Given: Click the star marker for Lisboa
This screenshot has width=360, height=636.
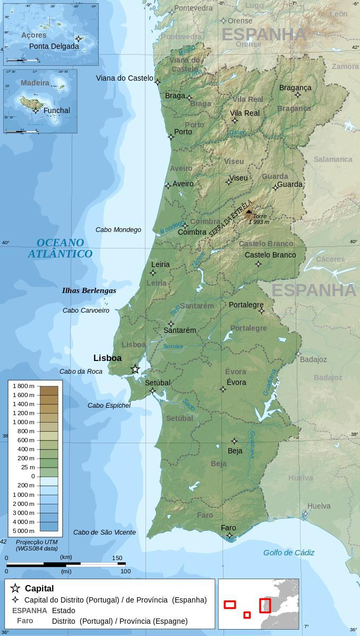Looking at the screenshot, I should [x=135, y=369].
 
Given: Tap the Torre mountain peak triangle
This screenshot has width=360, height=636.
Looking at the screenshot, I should [x=249, y=212].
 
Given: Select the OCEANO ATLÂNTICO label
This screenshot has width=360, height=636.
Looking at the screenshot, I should [x=60, y=248].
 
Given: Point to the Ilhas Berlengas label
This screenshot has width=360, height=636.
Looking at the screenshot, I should [x=89, y=290].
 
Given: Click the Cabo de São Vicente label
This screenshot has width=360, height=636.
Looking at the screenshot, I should [x=105, y=532].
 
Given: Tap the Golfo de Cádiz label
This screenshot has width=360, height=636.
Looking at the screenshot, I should [x=289, y=553].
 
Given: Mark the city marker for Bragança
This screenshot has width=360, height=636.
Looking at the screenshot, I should [x=298, y=95].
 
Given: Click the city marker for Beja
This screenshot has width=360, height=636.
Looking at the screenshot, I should [x=235, y=441].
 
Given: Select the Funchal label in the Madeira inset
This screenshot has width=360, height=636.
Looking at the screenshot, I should [x=56, y=110].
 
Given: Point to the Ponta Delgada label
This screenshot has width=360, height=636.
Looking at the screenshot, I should [x=54, y=46].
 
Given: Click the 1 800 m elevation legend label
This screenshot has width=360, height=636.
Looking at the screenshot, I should [x=23, y=386].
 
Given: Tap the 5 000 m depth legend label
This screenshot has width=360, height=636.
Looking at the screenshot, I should [x=23, y=531].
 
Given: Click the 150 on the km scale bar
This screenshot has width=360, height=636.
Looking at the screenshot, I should [x=117, y=557].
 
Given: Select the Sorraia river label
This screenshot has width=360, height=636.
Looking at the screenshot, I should [x=173, y=346].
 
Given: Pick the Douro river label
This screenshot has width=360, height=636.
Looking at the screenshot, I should [x=238, y=132].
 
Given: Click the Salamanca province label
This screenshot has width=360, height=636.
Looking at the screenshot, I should [x=333, y=159].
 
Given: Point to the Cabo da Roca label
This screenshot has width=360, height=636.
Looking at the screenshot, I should [x=81, y=372].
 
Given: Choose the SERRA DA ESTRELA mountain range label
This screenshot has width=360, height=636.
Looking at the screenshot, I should [x=230, y=218].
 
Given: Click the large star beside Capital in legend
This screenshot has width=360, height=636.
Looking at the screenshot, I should [x=15, y=588].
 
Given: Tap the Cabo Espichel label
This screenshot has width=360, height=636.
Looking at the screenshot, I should [x=109, y=406].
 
